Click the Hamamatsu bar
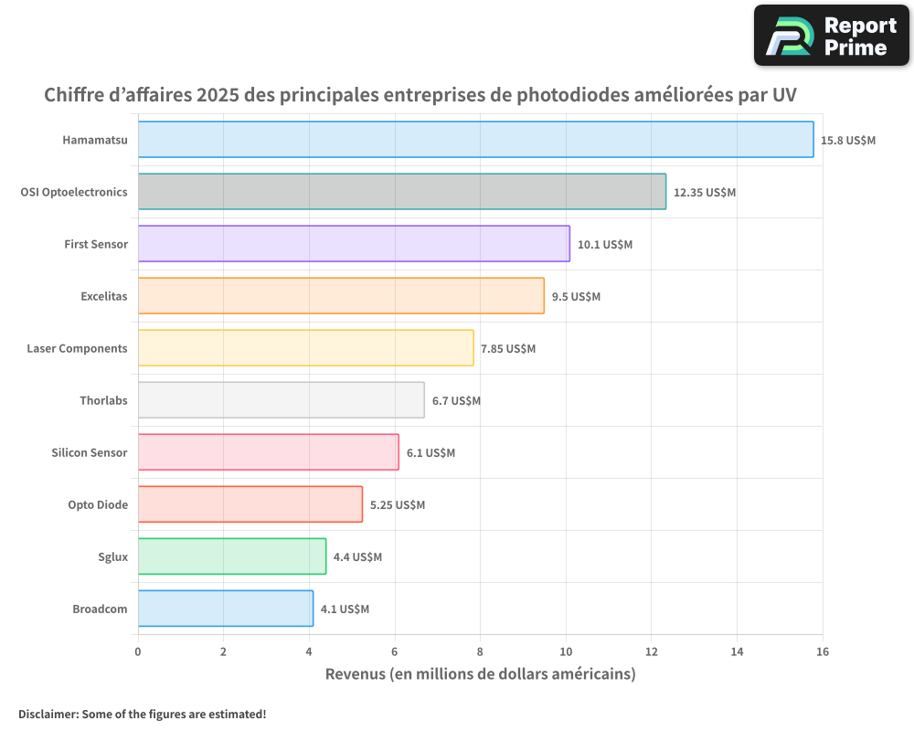pyautogui.click(x=475, y=140)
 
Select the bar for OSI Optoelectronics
pyautogui.click(x=402, y=192)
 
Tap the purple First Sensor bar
pyautogui.click(x=354, y=244)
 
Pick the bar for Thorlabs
pyautogui.click(x=281, y=400)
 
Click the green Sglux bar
pyautogui.click(x=232, y=556)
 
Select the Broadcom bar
pyautogui.click(x=225, y=609)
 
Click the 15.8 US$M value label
pyautogui.click(x=848, y=141)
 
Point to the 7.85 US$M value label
pyautogui.click(x=508, y=349)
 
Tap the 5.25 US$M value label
pyautogui.click(x=398, y=505)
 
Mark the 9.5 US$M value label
pyautogui.click(x=576, y=297)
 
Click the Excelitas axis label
pyautogui.click(x=104, y=296)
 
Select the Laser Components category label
pyautogui.click(x=77, y=348)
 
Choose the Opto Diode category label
pyautogui.click(x=98, y=504)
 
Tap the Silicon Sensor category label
pyautogui.click(x=90, y=452)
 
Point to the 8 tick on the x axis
pyautogui.click(x=480, y=652)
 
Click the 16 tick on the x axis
pyautogui.click(x=823, y=652)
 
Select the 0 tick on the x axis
pyautogui.click(x=138, y=652)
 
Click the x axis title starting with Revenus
pyautogui.click(x=480, y=674)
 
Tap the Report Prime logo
pyautogui.click(x=831, y=36)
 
